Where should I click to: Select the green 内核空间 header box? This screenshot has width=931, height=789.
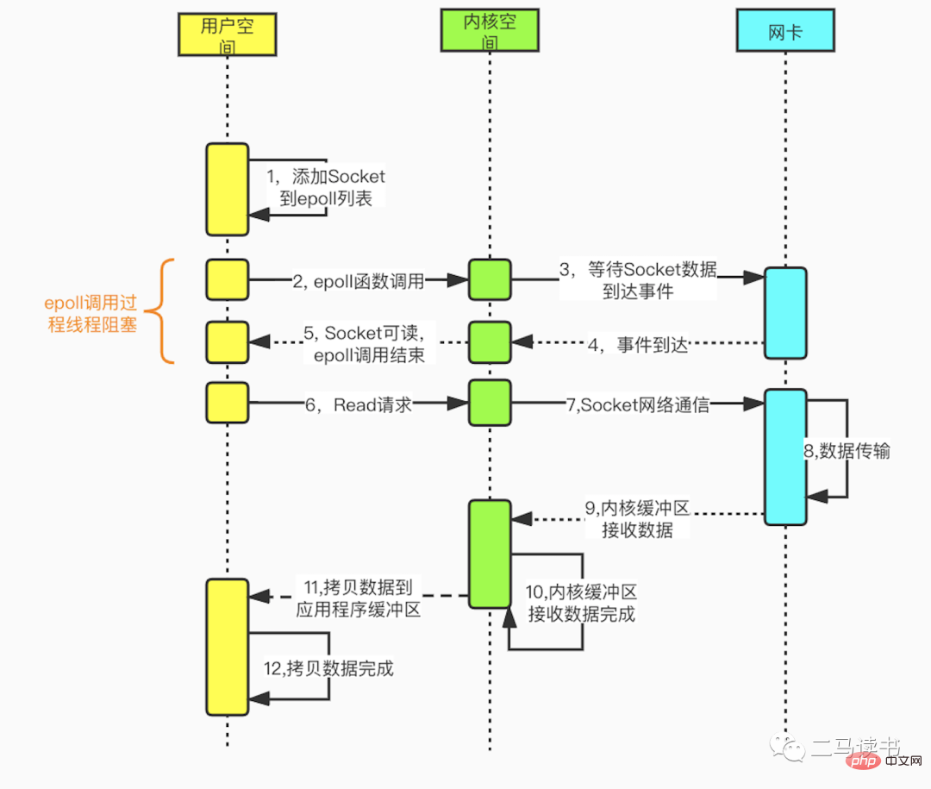click(x=490, y=34)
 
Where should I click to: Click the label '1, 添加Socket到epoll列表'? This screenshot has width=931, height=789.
click(x=326, y=187)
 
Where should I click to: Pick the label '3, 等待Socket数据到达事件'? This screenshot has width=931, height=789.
click(x=638, y=280)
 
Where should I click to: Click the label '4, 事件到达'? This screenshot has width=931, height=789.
click(x=640, y=345)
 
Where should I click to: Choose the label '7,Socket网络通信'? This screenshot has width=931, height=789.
click(x=638, y=404)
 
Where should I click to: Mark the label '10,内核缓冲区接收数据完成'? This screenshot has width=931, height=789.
click(x=581, y=603)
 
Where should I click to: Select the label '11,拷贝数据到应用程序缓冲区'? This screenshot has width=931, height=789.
click(x=357, y=598)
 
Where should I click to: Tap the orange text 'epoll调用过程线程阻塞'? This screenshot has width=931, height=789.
click(x=91, y=315)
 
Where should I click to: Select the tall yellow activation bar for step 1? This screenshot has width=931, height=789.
click(x=227, y=189)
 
